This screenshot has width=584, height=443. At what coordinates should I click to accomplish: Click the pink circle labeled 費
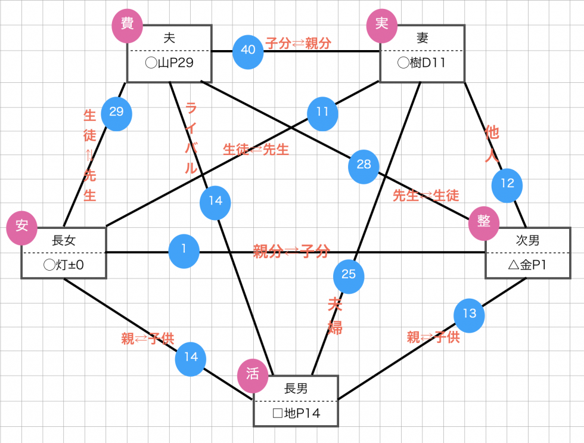(127, 24)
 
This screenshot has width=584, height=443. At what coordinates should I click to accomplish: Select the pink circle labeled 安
(22, 226)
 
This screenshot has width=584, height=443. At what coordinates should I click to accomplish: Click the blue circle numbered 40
(248, 50)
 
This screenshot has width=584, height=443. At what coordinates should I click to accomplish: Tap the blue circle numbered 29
(116, 112)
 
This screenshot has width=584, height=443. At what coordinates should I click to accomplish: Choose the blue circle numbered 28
(364, 165)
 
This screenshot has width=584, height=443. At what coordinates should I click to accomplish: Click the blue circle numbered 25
(349, 275)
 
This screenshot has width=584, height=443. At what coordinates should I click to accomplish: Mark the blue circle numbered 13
(469, 314)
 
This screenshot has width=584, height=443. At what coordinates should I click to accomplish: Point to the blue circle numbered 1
(184, 251)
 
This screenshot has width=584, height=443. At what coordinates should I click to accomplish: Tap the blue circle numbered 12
(507, 185)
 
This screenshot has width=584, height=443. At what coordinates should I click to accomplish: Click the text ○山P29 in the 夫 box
(169, 63)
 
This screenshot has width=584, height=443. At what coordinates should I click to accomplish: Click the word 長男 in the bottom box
(296, 389)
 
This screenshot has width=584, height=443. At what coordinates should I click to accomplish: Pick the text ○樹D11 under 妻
(422, 63)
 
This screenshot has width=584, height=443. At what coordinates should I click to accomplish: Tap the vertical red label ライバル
(191, 138)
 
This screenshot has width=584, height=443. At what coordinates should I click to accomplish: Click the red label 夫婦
(334, 316)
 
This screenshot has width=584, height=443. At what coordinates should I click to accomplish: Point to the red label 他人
(492, 143)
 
